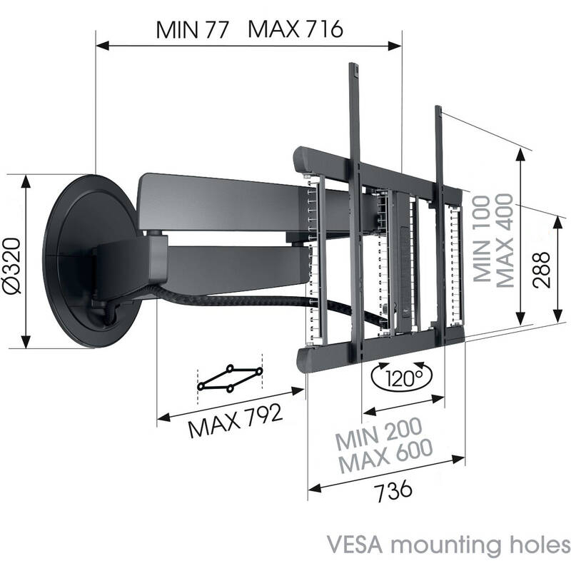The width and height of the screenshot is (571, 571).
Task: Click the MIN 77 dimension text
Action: (x=192, y=30)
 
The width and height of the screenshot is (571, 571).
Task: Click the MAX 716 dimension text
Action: (x=295, y=29)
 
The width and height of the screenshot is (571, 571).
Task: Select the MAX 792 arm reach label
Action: (x=236, y=420)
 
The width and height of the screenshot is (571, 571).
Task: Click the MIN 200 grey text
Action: (x=379, y=433)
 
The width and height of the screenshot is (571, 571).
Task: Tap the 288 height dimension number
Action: (x=540, y=270)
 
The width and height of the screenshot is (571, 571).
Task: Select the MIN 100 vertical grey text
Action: (x=482, y=238)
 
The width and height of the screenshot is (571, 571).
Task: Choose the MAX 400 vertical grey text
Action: (x=505, y=241)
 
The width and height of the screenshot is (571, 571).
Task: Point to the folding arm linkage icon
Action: (x=230, y=378)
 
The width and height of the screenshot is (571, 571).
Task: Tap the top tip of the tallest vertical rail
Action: (x=354, y=64)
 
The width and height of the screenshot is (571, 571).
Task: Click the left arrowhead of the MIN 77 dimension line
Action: (x=102, y=46)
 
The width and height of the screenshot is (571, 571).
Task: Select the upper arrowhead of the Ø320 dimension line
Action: (x=26, y=181)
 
